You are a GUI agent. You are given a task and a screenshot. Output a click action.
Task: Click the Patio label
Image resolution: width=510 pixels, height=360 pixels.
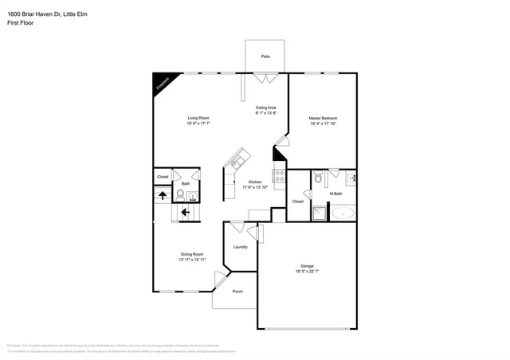[x=265, y=56]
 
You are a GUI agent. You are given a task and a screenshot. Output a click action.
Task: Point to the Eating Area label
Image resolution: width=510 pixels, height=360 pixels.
[x=265, y=108]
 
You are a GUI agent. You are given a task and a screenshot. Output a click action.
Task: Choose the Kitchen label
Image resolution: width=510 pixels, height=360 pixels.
[x=254, y=181]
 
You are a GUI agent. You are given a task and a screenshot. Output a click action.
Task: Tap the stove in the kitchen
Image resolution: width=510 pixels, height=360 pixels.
[x=280, y=177]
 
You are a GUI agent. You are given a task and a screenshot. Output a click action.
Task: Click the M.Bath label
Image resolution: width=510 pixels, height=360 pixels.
[x=336, y=194]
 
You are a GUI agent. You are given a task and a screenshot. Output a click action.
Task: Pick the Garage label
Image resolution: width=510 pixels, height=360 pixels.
[x=307, y=266]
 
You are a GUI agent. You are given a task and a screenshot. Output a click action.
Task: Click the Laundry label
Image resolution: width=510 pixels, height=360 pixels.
[x=240, y=247]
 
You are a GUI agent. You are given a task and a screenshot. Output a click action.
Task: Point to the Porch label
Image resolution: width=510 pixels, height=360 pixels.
[x=237, y=292]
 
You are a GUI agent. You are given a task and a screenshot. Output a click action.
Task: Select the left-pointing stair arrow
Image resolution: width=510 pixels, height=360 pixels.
[x=184, y=213]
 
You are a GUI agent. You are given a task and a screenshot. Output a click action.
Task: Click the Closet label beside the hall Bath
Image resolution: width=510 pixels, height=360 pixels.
[x=163, y=176]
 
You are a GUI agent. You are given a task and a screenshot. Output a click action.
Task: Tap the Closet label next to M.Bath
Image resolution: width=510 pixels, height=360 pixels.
[x=297, y=202]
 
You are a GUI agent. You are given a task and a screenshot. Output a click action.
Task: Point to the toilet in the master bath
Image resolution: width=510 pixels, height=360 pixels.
[x=317, y=177]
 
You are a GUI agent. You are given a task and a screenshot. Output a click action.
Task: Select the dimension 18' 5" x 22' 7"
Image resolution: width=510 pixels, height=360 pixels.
[x=307, y=272]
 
